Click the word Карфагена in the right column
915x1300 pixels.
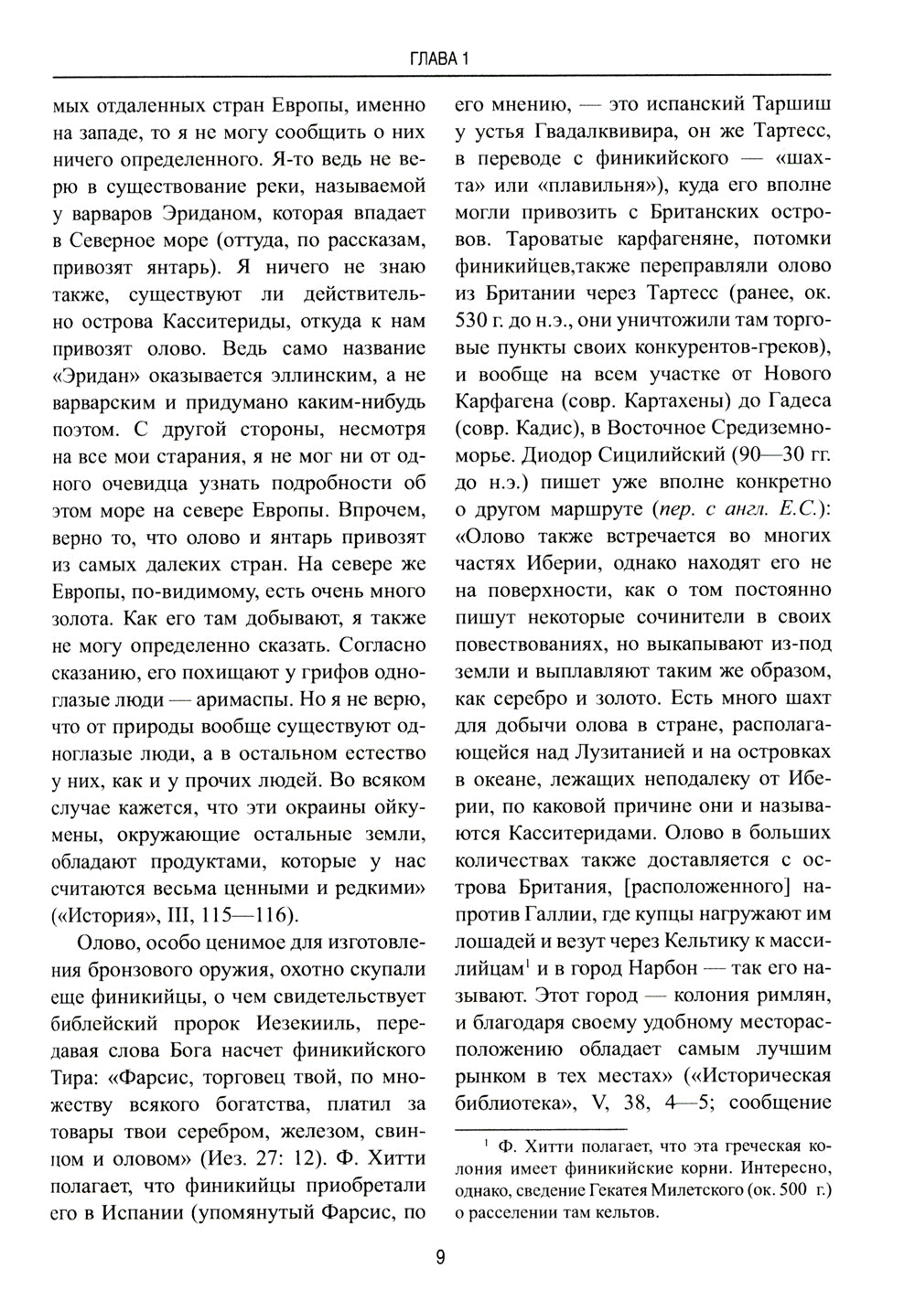512,403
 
